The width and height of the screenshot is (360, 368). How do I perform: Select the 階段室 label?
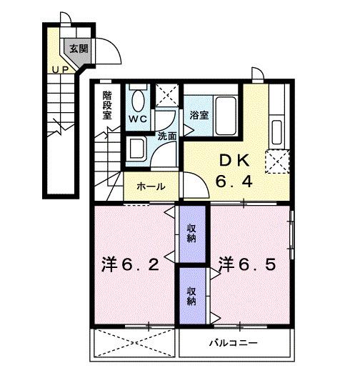(108, 104)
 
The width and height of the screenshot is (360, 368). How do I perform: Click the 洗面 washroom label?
(167, 134)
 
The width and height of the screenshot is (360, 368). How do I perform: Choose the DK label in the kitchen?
(230, 161)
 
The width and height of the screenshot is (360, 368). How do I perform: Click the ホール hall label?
(151, 187)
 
